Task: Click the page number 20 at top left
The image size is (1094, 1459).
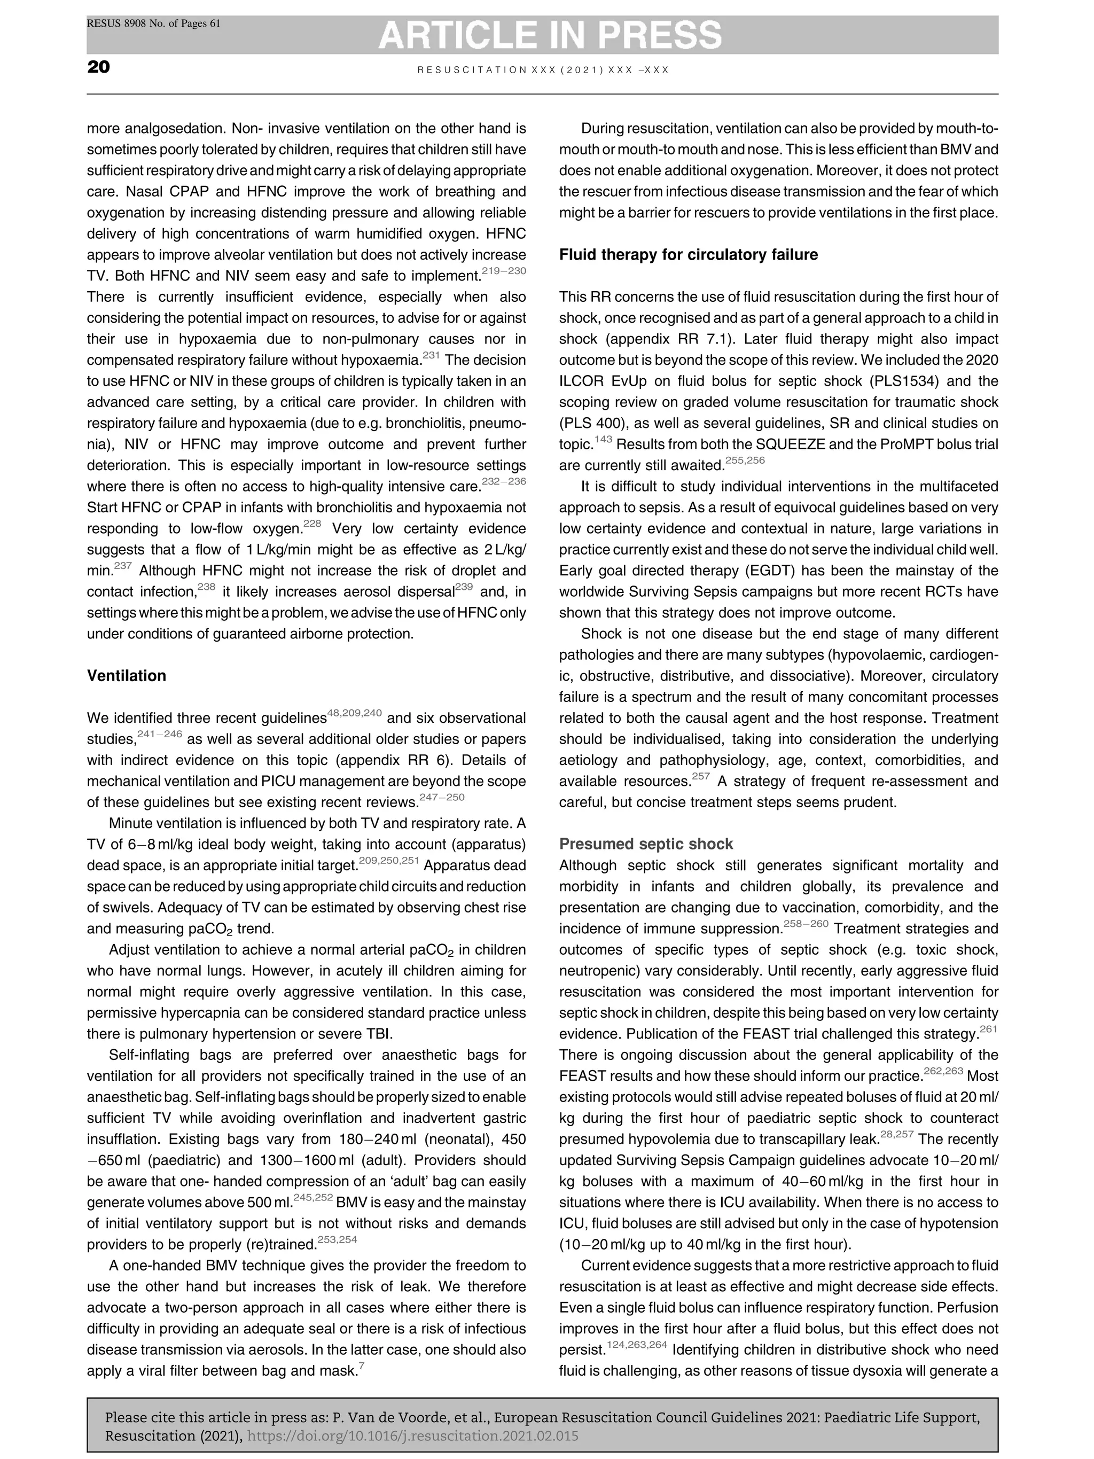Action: [98, 67]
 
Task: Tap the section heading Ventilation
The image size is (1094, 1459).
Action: [127, 675]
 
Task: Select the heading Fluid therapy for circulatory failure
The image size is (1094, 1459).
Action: [688, 255]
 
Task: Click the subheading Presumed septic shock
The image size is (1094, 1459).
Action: [646, 844]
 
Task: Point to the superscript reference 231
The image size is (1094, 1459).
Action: [431, 355]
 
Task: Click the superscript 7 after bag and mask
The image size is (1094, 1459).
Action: [360, 1366]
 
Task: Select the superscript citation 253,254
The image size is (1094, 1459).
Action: [337, 1239]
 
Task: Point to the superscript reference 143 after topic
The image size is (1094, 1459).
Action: [603, 439]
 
